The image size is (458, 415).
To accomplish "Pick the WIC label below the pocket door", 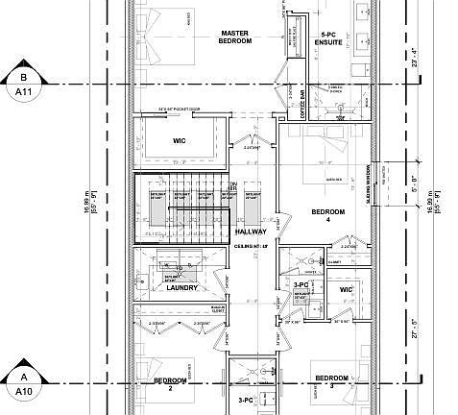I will coord(179,140).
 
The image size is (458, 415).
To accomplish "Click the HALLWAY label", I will coord(251,232).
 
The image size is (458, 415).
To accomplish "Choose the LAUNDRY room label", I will coord(181,287).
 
